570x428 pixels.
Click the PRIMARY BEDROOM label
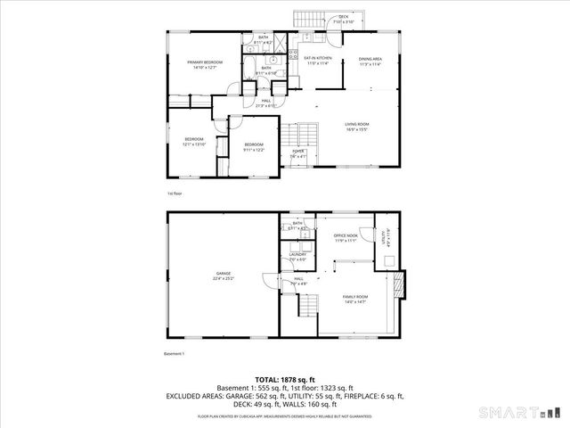(205, 62)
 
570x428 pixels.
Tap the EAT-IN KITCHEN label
(318, 60)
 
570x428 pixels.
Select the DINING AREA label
(370, 60)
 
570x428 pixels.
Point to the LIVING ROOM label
(357, 125)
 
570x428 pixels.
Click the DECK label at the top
(343, 18)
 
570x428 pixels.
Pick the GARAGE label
(223, 274)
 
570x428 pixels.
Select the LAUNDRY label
(297, 256)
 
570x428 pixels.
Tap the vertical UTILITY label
(384, 236)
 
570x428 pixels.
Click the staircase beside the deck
(309, 20)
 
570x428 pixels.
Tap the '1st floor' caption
(175, 193)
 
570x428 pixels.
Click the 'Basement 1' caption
(175, 354)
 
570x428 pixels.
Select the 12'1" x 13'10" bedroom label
(195, 141)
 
